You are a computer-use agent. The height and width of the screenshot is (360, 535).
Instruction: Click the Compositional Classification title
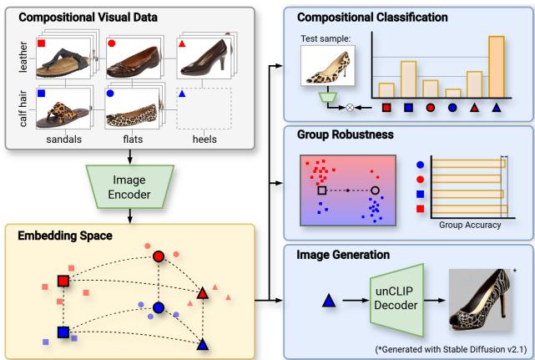point(368,16)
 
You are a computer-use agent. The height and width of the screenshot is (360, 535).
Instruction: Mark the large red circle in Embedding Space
point(158,257)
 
